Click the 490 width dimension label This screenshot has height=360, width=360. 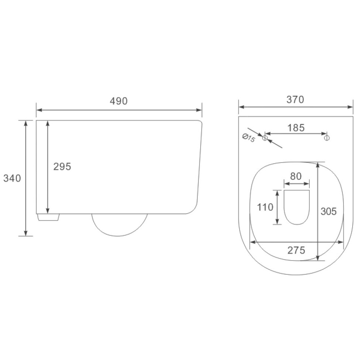[119, 101]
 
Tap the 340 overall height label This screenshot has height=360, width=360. [12, 178]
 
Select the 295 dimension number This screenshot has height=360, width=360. [62, 167]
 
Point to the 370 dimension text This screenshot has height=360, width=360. [295, 100]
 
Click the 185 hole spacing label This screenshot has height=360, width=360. [296, 128]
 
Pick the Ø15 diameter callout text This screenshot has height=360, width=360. [249, 138]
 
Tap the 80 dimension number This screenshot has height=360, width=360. [296, 177]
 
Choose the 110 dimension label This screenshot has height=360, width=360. [265, 207]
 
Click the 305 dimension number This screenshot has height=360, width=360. [329, 211]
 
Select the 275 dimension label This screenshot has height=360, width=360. [296, 250]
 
